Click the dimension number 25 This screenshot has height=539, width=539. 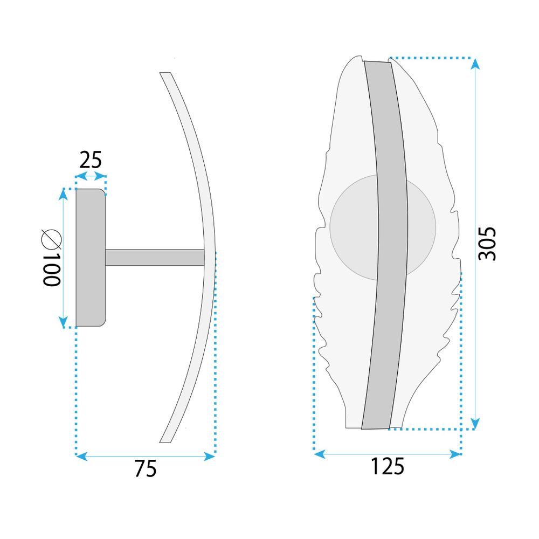pos(91,160)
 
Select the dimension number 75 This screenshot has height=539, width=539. pos(146,469)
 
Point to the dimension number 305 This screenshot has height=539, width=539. pos(487,244)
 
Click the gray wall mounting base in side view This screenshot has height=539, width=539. pos(91,258)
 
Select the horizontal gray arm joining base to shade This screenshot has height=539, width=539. pos(155,257)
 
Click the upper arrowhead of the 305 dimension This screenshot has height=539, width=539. pos(475,64)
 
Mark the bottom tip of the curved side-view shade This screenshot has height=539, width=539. pos(164,439)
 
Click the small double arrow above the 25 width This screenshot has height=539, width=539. pos(91,176)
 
